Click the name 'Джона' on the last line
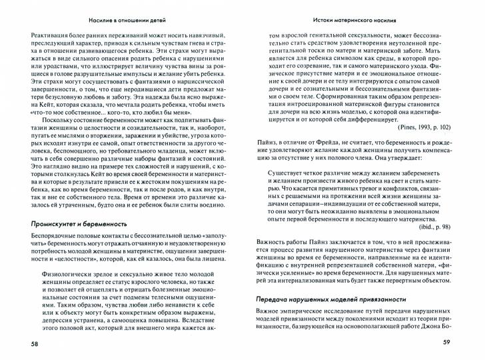click(x=434, y=327)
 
